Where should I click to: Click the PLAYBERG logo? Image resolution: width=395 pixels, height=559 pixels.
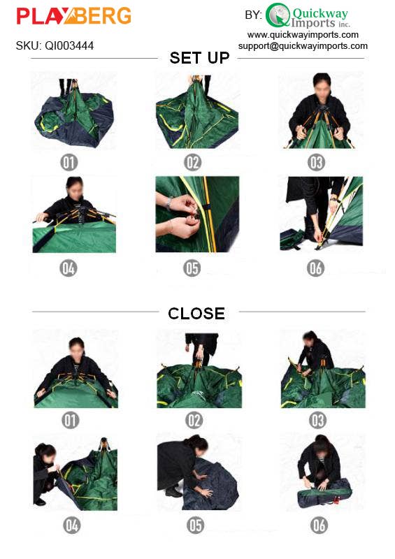click(73, 16)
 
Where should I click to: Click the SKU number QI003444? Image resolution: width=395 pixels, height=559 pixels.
click(55, 46)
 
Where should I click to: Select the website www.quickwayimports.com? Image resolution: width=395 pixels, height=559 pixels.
click(303, 34)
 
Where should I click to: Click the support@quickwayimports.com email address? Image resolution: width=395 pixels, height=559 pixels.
click(303, 45)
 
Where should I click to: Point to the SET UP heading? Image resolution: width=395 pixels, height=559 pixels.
click(199, 58)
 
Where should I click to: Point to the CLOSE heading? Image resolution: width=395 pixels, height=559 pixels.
click(196, 314)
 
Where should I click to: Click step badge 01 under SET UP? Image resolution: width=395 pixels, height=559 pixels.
click(69, 163)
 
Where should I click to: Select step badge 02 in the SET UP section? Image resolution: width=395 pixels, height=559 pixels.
click(193, 163)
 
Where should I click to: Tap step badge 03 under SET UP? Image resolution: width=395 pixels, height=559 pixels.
click(317, 163)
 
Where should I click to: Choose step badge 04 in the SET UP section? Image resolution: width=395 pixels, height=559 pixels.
click(69, 268)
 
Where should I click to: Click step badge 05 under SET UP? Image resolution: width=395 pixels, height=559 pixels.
click(193, 268)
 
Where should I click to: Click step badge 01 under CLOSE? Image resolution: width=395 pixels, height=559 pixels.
click(71, 420)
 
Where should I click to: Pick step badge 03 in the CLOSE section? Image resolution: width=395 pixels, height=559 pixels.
click(318, 420)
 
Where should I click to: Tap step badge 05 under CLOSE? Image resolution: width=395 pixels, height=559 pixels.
click(195, 525)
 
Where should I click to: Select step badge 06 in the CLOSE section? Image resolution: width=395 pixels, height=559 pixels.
click(319, 525)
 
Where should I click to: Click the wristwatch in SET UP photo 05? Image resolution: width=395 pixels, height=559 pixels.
click(168, 203)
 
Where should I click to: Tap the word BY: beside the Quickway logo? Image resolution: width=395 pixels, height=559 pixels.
click(253, 15)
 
